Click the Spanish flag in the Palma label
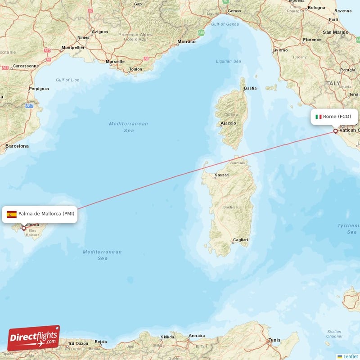(12, 214)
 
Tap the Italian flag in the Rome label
(318, 117)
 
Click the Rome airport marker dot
(335, 131)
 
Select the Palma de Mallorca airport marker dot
(24, 228)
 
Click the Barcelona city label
(17, 146)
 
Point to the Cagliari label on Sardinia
(240, 240)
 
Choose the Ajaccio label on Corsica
(228, 123)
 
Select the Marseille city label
(115, 62)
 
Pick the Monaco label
(186, 42)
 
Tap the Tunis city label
(274, 340)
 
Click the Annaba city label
(197, 335)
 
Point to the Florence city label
(312, 40)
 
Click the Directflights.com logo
(34, 338)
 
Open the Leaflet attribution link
(350, 356)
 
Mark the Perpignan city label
(38, 89)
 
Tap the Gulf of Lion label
(67, 80)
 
